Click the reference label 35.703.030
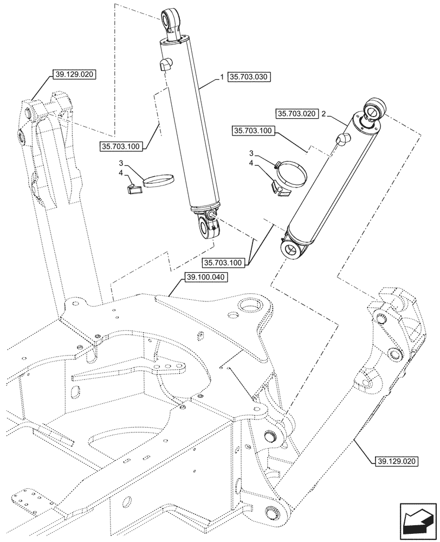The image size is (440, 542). pos(249,77)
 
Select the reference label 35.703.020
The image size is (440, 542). pos(296,114)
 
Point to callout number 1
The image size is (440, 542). pos(222,77)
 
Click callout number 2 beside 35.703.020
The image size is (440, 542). pos(323,114)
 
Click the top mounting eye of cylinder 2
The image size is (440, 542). pos(374,109)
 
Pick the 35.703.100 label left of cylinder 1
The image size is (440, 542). pos(120,146)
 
